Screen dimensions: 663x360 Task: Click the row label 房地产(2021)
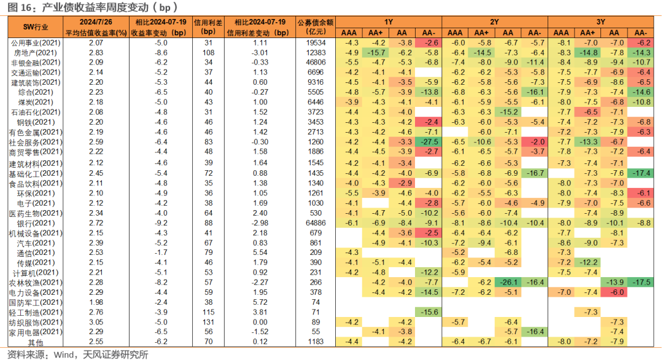click(36, 53)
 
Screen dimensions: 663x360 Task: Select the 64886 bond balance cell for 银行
click(316, 223)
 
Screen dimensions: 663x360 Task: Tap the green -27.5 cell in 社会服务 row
click(428, 142)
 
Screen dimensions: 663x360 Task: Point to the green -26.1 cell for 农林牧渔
click(508, 282)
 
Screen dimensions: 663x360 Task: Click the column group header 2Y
click(494, 22)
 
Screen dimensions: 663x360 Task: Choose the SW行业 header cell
click(36, 27)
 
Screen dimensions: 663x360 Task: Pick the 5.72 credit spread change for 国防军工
click(260, 302)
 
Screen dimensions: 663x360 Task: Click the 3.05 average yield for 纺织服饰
click(96, 322)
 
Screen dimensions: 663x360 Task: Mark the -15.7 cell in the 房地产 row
click(376, 52)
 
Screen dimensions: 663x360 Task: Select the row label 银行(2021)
click(36, 224)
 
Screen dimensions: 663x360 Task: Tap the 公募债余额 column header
click(316, 23)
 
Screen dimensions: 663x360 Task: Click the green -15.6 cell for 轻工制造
click(428, 312)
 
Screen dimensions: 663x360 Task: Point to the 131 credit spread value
click(209, 322)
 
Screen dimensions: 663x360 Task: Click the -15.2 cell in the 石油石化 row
click(508, 112)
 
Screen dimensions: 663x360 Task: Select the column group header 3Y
click(600, 22)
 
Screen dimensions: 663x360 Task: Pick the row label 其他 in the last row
click(36, 342)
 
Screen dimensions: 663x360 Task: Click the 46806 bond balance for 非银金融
click(316, 62)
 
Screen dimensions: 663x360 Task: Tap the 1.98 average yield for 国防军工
click(96, 302)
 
